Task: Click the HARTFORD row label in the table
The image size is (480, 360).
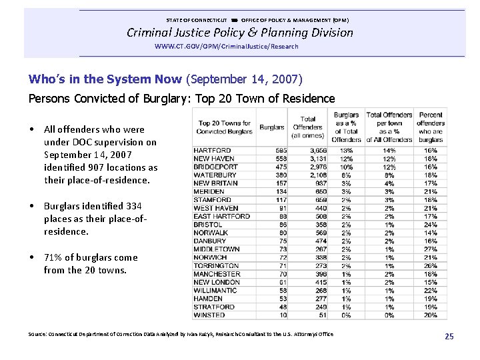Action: coord(212,151)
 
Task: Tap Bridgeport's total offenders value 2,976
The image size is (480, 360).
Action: coord(317,167)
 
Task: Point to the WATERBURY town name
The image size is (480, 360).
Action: coord(215,175)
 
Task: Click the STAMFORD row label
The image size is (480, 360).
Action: coord(212,200)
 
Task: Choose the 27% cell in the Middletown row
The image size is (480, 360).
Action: coord(431,249)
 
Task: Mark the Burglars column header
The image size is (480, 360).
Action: coord(271,127)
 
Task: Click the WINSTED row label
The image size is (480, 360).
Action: coord(209,315)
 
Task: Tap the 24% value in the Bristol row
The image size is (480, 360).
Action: coord(431,225)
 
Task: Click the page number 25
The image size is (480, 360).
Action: coord(449,337)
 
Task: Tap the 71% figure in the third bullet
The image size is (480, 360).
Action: coord(53,257)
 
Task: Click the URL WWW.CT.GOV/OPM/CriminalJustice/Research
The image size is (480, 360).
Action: coord(226,47)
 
